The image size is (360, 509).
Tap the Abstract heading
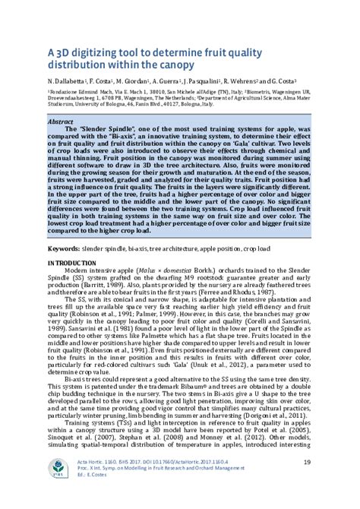pos(60,121)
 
